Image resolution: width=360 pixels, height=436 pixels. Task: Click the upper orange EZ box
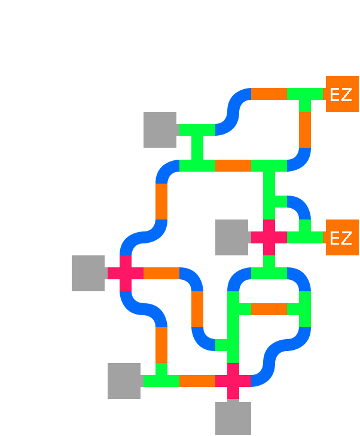pyautogui.click(x=341, y=94)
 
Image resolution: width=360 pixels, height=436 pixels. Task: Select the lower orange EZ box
pyautogui.click(x=341, y=237)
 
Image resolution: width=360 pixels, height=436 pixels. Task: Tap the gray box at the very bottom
pyautogui.click(x=233, y=418)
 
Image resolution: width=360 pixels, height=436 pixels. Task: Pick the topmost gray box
pyautogui.click(x=160, y=130)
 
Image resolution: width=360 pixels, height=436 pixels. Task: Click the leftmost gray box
pyautogui.click(x=89, y=273)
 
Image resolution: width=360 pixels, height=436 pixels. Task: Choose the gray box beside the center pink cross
pyautogui.click(x=232, y=237)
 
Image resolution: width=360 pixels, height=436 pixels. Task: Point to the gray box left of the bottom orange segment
pyautogui.click(x=124, y=381)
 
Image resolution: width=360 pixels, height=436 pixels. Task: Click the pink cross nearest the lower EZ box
pyautogui.click(x=269, y=237)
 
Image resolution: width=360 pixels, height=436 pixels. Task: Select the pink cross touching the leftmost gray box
pyautogui.click(x=125, y=273)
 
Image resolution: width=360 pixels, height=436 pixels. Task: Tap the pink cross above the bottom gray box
pyautogui.click(x=233, y=381)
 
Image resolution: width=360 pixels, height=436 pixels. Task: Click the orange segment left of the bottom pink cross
pyautogui.click(x=197, y=381)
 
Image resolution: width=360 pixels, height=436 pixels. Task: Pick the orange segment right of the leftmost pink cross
pyautogui.click(x=161, y=273)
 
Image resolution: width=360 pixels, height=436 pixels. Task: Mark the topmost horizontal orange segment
pyautogui.click(x=269, y=94)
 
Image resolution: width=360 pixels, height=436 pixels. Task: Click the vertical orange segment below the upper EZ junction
pyautogui.click(x=304, y=130)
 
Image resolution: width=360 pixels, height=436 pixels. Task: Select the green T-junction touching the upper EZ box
pyautogui.click(x=305, y=96)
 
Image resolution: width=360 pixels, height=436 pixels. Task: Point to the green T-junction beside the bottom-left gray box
pyautogui.click(x=160, y=379)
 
